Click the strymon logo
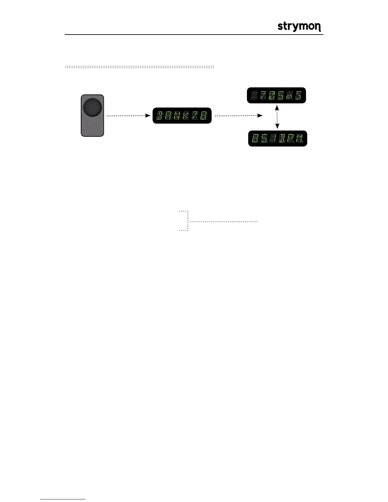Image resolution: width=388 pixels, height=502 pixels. [299, 27]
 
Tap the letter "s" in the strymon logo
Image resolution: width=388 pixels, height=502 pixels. [280, 27]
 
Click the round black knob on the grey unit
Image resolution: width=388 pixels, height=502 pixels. [92, 107]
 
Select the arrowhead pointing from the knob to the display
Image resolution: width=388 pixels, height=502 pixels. [148, 116]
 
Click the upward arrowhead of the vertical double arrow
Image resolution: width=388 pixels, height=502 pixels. [277, 108]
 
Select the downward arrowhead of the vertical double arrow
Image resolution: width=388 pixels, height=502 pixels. [277, 126]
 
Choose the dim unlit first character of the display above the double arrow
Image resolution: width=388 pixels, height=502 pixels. [254, 95]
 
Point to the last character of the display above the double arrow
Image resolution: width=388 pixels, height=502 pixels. [298, 95]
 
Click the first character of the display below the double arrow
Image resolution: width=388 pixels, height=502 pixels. [255, 138]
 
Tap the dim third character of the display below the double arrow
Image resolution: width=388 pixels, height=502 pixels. [272, 138]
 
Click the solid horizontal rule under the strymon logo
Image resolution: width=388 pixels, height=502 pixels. [194, 35]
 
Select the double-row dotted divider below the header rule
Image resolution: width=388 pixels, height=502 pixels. [139, 67]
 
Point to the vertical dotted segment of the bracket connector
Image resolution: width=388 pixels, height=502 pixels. [188, 221]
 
